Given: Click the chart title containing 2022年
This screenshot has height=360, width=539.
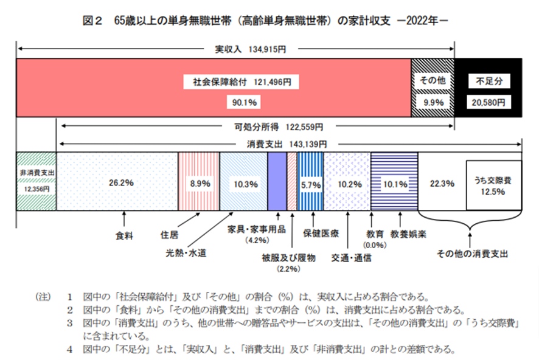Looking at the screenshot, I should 269,21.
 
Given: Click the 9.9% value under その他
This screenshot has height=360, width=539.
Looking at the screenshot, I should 433,102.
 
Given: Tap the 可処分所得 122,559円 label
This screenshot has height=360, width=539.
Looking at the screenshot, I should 279,128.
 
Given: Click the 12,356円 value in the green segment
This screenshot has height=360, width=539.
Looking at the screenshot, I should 36,189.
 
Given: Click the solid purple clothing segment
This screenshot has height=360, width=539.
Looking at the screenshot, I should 277,181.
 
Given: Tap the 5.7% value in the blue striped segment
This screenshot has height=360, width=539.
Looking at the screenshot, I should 310,182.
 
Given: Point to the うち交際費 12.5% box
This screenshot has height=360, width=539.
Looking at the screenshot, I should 493,185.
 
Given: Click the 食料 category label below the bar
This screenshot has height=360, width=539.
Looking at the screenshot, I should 123,234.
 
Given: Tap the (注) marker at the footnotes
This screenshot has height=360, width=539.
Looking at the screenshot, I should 44,298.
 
